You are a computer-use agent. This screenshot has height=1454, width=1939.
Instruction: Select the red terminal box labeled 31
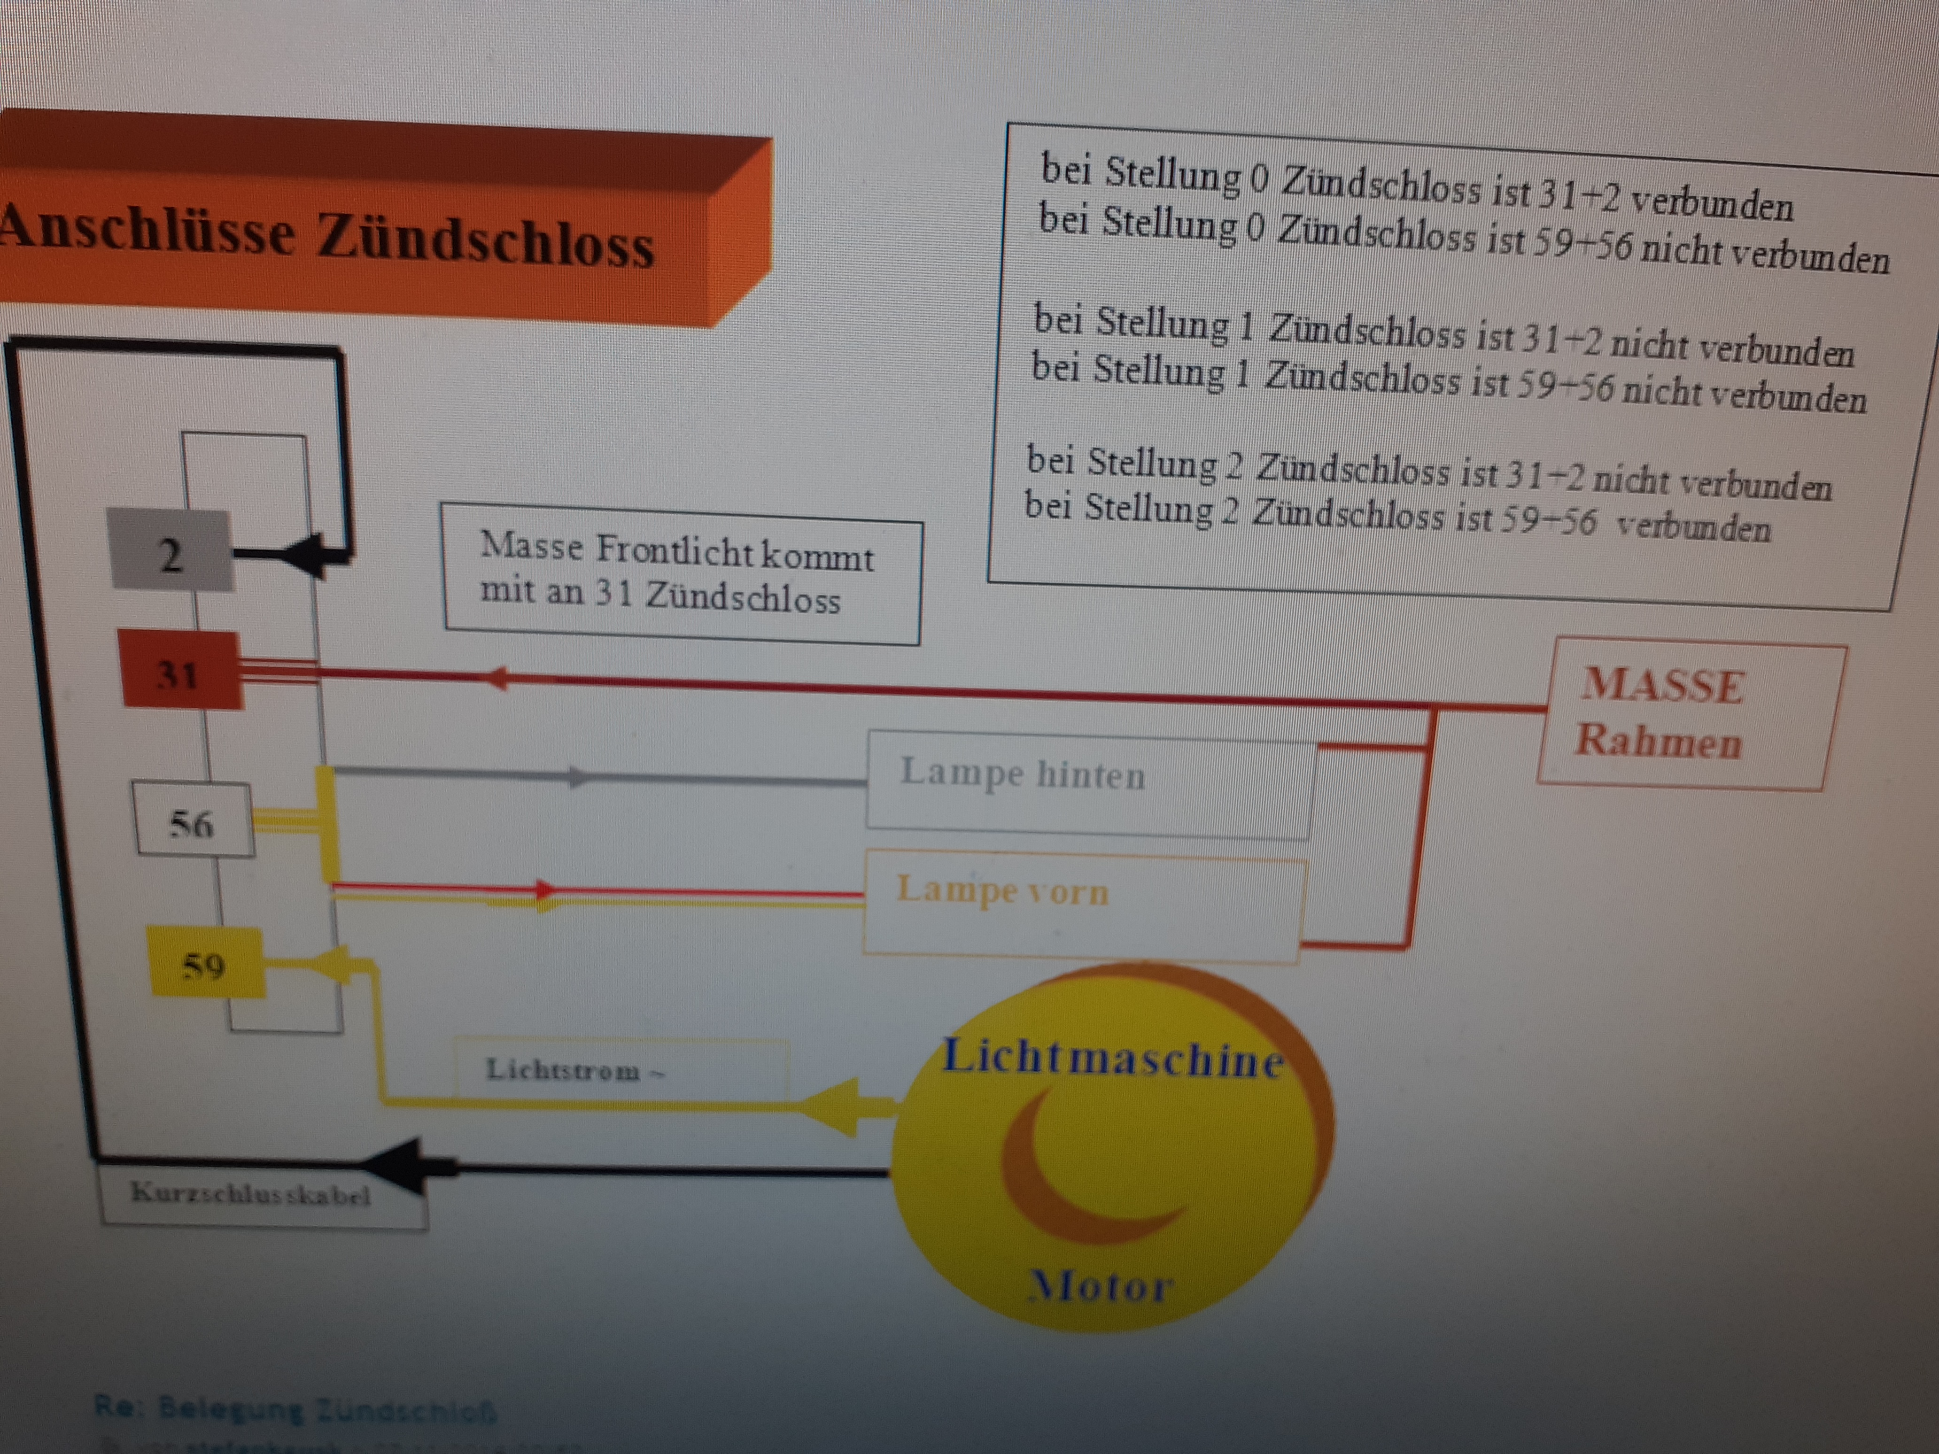(x=180, y=671)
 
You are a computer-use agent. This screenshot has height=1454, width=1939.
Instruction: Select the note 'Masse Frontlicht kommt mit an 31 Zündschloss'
(x=682, y=574)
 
